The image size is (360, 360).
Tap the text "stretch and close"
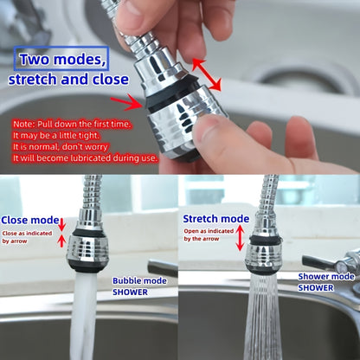[x=67, y=80]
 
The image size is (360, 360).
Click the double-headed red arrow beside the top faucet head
[x=206, y=74]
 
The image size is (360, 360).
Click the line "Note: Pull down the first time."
[x=73, y=124]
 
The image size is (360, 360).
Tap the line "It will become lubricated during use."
[x=84, y=157]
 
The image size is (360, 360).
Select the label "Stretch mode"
[x=215, y=219]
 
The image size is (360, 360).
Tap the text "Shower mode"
[x=326, y=277]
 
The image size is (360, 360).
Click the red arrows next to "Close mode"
[x=61, y=231]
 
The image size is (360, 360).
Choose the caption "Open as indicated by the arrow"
[x=208, y=235]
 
